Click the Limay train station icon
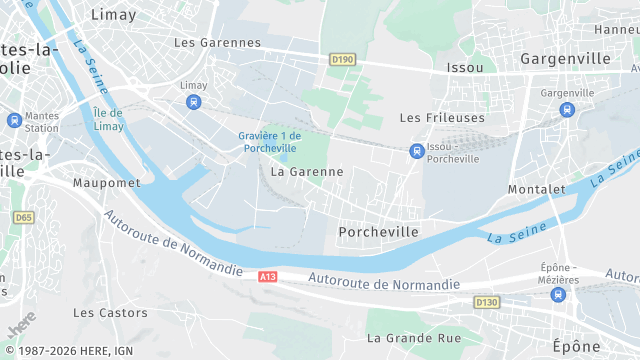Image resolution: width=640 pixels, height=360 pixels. click(193, 102)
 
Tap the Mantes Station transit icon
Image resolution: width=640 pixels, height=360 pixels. click(14, 120)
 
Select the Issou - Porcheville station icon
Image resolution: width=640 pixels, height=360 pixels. click(416, 151)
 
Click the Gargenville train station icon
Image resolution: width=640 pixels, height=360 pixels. click(567, 109)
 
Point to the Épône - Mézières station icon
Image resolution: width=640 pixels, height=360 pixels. click(558, 294)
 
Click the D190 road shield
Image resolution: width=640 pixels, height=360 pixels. click(342, 60)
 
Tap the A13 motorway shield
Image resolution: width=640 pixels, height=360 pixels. click(267, 276)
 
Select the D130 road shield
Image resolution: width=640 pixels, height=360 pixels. click(486, 302)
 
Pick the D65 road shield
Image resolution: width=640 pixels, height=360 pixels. click(22, 217)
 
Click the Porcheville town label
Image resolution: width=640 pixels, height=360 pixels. click(378, 231)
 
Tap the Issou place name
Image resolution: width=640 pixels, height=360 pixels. click(467, 67)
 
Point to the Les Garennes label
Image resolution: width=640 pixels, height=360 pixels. click(217, 43)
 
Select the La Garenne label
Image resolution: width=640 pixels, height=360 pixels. click(307, 171)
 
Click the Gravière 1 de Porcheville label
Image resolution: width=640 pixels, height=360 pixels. click(270, 141)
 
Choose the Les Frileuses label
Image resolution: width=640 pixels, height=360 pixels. click(442, 117)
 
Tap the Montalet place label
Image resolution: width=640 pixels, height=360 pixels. click(537, 189)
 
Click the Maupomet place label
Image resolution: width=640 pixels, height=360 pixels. click(104, 183)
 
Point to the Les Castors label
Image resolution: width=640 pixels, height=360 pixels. click(110, 312)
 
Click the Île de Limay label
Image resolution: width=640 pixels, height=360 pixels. click(108, 119)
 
